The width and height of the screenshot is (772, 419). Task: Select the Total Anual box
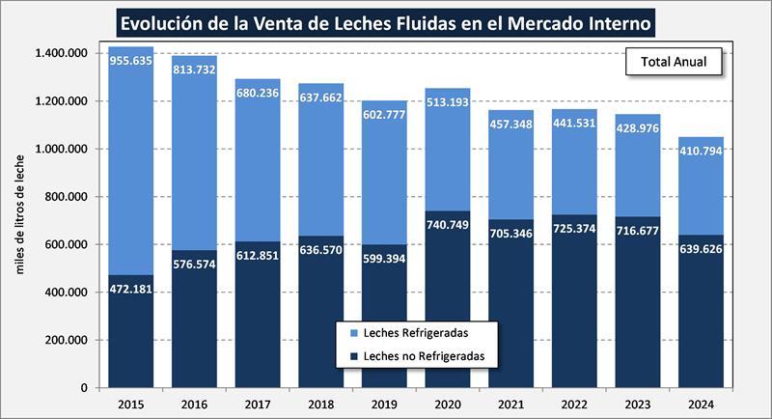pos(674,62)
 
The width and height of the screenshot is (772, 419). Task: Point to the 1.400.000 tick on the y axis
pos(61,53)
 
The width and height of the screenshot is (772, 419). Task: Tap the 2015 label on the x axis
pos(130,404)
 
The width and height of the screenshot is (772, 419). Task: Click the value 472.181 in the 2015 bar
pos(130,290)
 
